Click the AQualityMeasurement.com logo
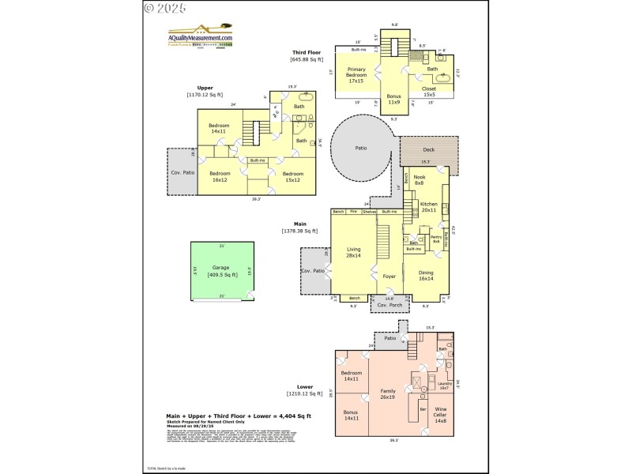(x=201, y=37)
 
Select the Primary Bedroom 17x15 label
(x=355, y=76)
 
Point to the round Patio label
(x=360, y=148)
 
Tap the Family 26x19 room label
(x=388, y=394)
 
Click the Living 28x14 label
(x=353, y=253)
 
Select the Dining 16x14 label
(x=426, y=276)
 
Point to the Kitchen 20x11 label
(x=428, y=207)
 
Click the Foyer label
(x=389, y=276)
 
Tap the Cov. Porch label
(x=389, y=305)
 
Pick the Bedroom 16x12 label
(x=220, y=176)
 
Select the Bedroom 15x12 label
(x=292, y=176)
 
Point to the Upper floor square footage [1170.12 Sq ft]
(x=205, y=95)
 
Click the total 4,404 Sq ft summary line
(x=238, y=416)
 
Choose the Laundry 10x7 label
(x=444, y=386)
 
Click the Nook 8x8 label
(x=419, y=180)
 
